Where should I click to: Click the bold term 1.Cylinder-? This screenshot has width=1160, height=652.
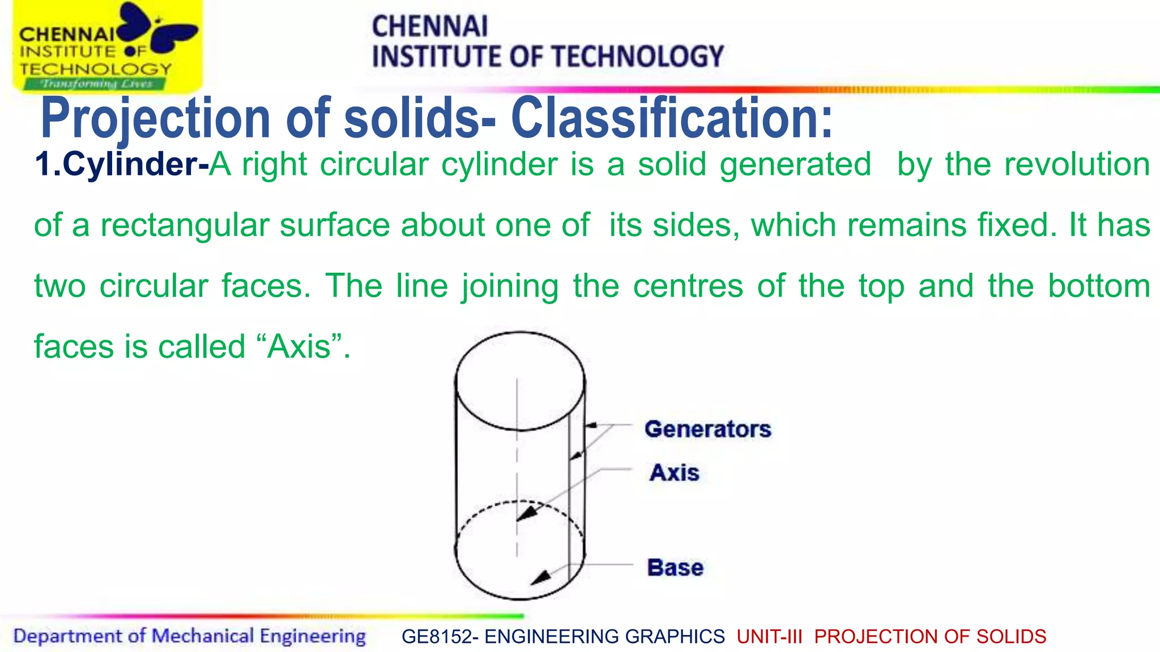(x=121, y=165)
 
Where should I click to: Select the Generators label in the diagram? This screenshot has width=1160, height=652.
(x=707, y=429)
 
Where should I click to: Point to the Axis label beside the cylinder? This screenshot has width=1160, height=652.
(x=674, y=473)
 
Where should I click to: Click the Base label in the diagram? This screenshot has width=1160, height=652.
(x=675, y=567)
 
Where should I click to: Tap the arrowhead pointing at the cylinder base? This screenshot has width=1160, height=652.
(x=540, y=578)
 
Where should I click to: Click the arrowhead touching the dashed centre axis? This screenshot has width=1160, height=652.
(x=526, y=513)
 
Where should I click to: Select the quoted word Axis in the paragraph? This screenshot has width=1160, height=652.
(x=299, y=346)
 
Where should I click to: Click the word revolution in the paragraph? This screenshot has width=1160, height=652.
(x=1077, y=165)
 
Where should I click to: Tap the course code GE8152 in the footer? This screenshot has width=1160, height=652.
(x=436, y=637)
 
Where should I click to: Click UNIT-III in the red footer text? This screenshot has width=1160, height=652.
(x=769, y=637)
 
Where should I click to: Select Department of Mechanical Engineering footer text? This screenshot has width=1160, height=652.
(x=189, y=636)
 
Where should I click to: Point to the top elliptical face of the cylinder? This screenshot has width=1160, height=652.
(x=519, y=381)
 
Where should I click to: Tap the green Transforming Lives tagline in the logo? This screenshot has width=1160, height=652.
(x=95, y=84)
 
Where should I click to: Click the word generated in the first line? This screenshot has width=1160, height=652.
(x=795, y=165)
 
